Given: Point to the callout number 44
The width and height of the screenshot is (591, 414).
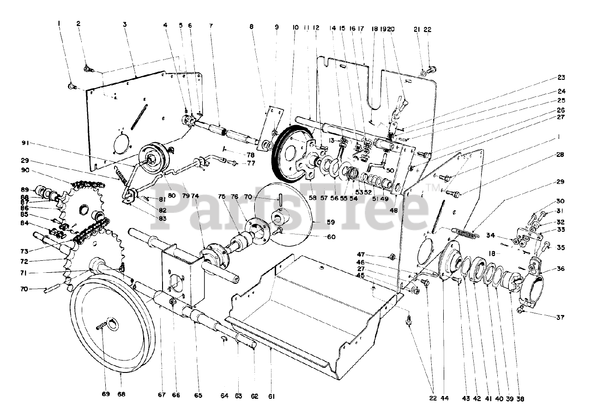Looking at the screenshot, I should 445,398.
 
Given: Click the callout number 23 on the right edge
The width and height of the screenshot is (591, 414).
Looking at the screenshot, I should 561,78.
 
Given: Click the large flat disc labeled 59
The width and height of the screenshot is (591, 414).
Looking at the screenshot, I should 295,217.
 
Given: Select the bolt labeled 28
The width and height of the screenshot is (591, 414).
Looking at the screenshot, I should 452,193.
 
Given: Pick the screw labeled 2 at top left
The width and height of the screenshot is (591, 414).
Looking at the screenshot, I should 88,69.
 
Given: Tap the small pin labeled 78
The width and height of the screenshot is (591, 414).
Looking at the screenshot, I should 223,149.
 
